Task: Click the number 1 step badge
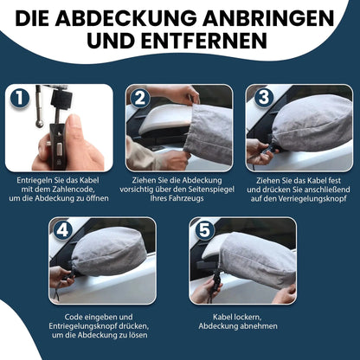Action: pyautogui.click(x=17, y=96)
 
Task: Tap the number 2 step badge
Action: pyautogui.click(x=138, y=96)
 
